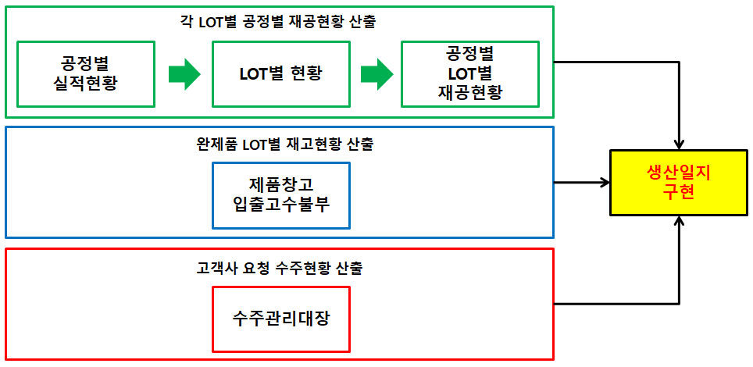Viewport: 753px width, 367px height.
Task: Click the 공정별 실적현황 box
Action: (x=86, y=73)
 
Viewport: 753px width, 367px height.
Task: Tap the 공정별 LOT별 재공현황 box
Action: (x=470, y=73)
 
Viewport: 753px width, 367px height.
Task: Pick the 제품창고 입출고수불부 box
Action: (x=281, y=194)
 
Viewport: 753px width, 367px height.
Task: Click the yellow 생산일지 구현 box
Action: (x=680, y=183)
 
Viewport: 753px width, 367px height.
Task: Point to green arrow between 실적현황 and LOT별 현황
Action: (x=184, y=74)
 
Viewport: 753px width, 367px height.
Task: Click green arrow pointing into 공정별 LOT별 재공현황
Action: (x=376, y=74)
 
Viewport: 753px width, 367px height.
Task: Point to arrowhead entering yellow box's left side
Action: (x=605, y=183)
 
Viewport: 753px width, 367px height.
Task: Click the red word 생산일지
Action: (x=680, y=174)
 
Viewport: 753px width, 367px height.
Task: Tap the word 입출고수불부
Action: (x=281, y=205)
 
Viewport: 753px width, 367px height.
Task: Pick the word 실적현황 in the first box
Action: (x=86, y=84)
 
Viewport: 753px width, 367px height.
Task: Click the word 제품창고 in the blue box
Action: (x=281, y=185)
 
